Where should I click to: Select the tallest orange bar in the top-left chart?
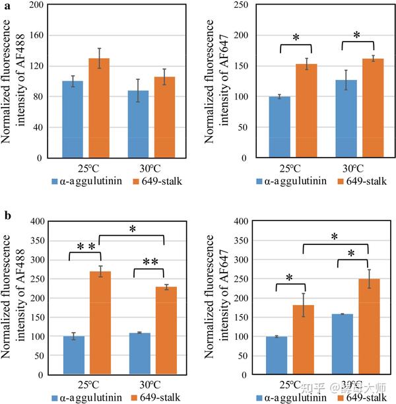click(x=99, y=108)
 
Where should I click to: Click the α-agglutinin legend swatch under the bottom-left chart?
click(x=56, y=398)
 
